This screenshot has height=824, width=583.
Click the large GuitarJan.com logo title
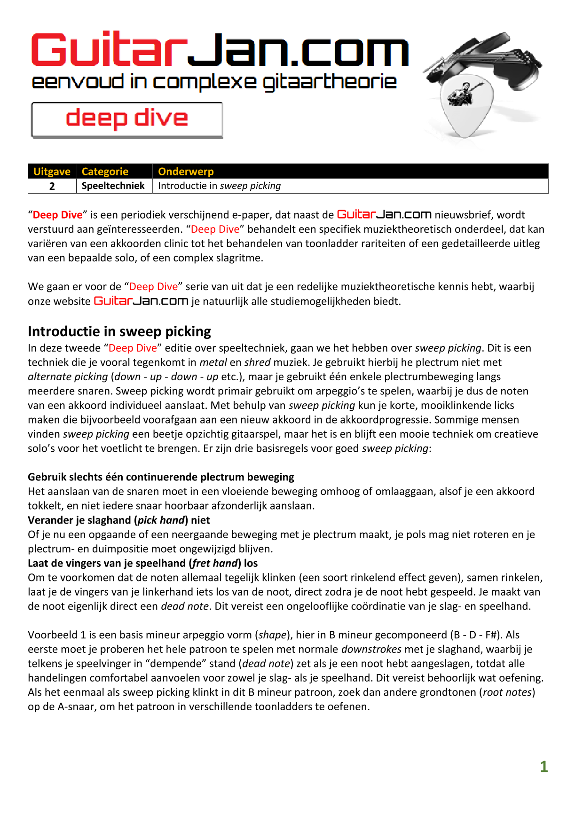(219, 49)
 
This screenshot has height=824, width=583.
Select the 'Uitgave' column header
(52, 172)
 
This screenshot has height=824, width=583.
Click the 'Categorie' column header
(105, 172)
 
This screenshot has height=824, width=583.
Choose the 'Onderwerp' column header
(186, 172)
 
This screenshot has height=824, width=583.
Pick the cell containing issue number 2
(52, 186)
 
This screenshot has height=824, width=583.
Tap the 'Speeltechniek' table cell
(113, 186)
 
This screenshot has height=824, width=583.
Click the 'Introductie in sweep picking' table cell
(219, 186)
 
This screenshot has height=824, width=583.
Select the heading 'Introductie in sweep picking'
(119, 331)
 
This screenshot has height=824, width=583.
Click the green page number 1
(544, 767)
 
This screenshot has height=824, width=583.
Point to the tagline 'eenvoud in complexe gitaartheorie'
(214, 82)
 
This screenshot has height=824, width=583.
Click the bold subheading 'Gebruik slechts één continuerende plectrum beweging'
(161, 477)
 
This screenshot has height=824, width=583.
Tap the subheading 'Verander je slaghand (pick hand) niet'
(118, 520)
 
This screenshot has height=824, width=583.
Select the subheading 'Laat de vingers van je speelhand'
(142, 563)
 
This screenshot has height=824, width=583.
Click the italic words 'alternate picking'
(68, 377)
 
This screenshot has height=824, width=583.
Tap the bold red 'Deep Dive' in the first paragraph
(57, 215)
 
